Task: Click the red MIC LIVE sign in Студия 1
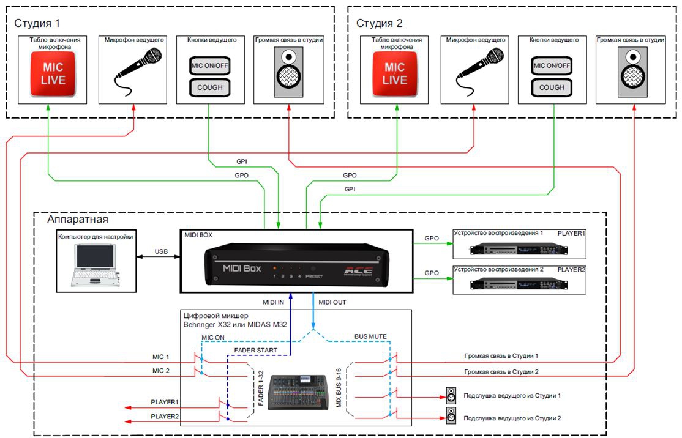click(53, 73)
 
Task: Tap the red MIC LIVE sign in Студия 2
click(394, 73)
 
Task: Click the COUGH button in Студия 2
click(552, 87)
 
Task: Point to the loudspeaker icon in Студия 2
click(632, 72)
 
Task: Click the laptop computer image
click(96, 265)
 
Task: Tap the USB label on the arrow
click(161, 251)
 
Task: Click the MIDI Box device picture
click(297, 265)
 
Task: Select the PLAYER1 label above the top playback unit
click(571, 233)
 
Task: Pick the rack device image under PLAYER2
click(519, 284)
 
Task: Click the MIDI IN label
click(273, 302)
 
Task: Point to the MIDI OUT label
click(332, 302)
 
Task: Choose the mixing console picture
click(298, 392)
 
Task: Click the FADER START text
click(255, 351)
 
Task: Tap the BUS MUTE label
click(370, 336)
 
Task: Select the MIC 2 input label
click(160, 371)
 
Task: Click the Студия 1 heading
click(37, 23)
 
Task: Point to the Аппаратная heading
click(77, 219)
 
